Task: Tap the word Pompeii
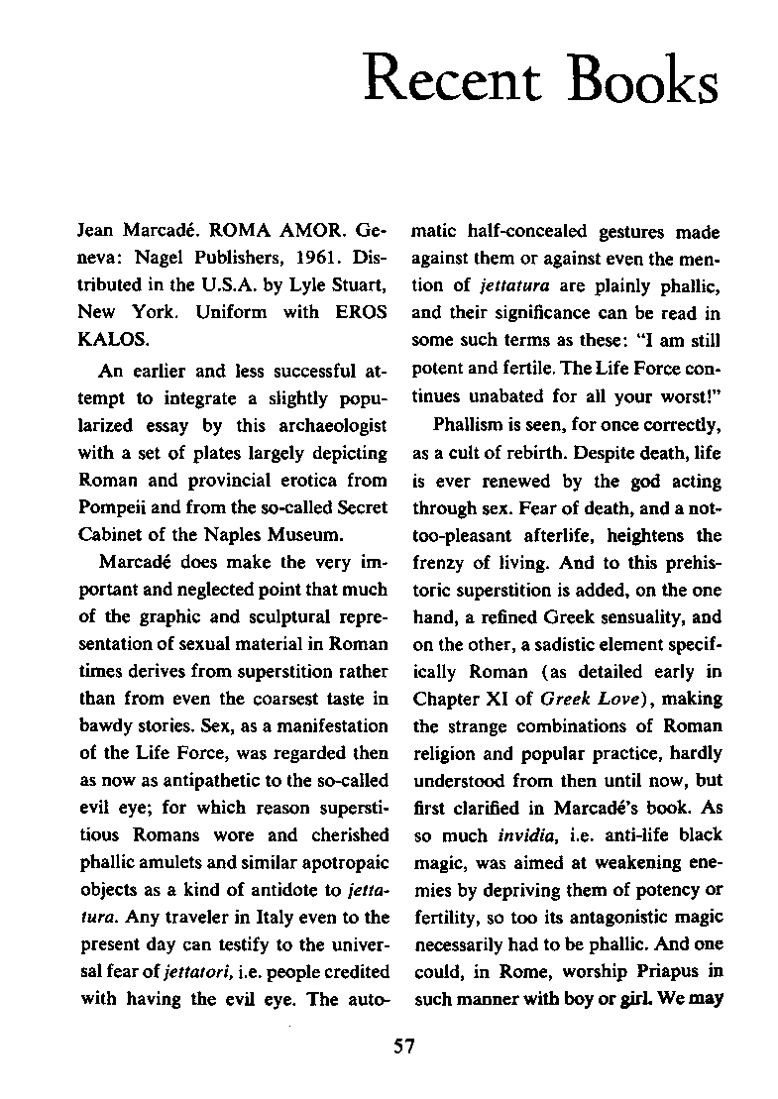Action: (x=111, y=508)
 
